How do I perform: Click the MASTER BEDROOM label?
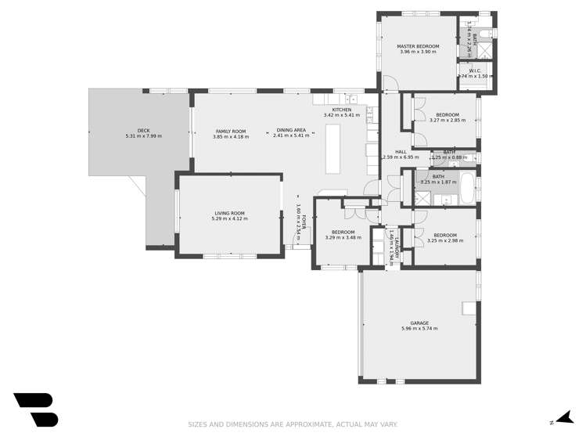[419, 46]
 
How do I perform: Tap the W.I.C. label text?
[474, 69]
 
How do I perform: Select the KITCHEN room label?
[341, 110]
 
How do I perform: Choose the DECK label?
[143, 131]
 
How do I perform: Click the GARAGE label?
[419, 323]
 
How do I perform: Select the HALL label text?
[401, 152]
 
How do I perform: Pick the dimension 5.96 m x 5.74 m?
[419, 329]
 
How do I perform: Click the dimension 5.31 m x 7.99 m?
[143, 136]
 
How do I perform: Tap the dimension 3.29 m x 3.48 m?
[343, 238]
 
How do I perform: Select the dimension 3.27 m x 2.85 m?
[447, 121]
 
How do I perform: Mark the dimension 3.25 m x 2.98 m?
[445, 241]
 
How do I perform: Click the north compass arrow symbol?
[561, 419]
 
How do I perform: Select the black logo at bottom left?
[36, 409]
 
